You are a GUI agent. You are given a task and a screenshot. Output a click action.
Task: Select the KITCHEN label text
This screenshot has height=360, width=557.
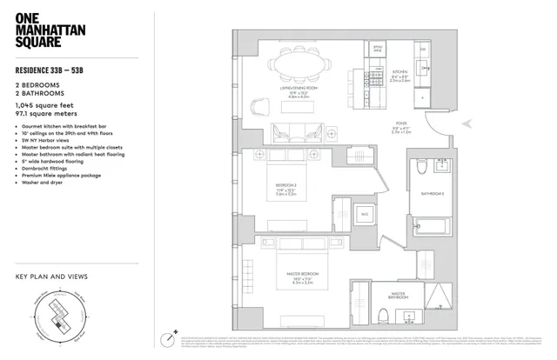(399, 72)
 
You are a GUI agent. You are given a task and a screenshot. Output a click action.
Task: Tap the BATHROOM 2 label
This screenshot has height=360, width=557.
(433, 193)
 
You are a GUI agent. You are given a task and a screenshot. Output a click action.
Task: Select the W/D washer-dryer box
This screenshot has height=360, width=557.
(366, 210)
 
